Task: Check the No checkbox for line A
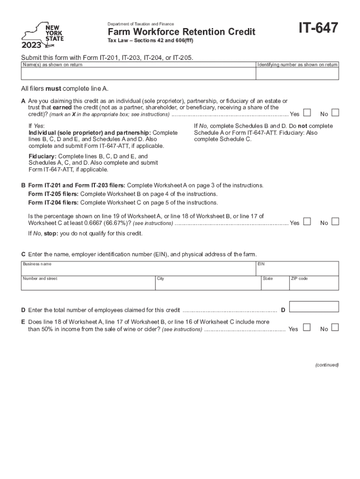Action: [335, 113]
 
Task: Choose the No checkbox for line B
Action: [335, 222]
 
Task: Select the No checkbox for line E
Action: [335, 327]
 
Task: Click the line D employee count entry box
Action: [314, 307]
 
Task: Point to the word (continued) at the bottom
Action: [326, 365]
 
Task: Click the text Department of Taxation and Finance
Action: [141, 24]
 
